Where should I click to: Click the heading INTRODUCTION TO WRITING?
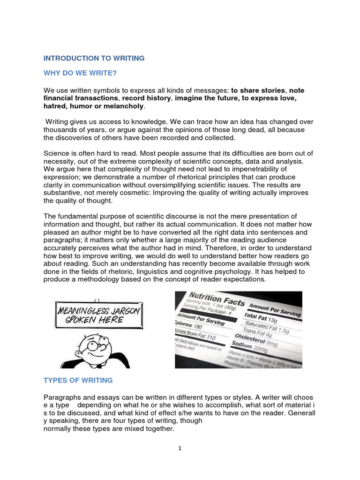[x=94, y=58]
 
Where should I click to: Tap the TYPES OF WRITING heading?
[x=78, y=380]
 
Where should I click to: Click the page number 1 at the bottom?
[x=180, y=448]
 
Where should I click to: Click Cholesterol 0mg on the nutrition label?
[x=257, y=339]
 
